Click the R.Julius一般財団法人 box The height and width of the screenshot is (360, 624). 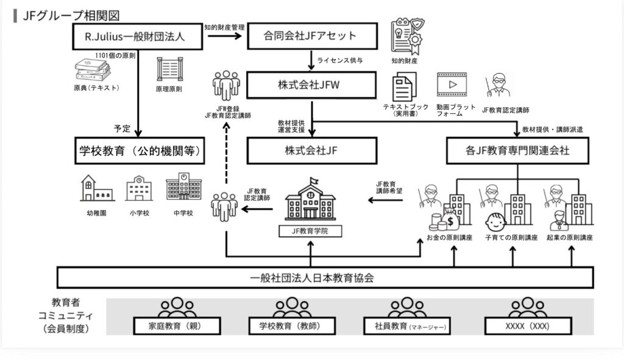(x=136, y=37)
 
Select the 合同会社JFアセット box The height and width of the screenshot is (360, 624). (x=310, y=37)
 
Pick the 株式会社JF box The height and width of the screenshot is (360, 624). (x=311, y=150)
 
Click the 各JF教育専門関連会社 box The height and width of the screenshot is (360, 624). (x=517, y=150)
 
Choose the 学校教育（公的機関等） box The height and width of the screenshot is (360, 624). (x=140, y=150)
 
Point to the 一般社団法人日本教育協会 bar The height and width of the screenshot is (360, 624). (x=325, y=278)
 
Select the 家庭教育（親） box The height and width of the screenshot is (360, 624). (x=175, y=326)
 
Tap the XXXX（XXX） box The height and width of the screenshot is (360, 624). (x=528, y=326)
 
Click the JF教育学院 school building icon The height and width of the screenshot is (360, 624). (x=310, y=200)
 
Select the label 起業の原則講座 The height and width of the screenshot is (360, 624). (x=570, y=238)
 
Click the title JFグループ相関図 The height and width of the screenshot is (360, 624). (x=71, y=15)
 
